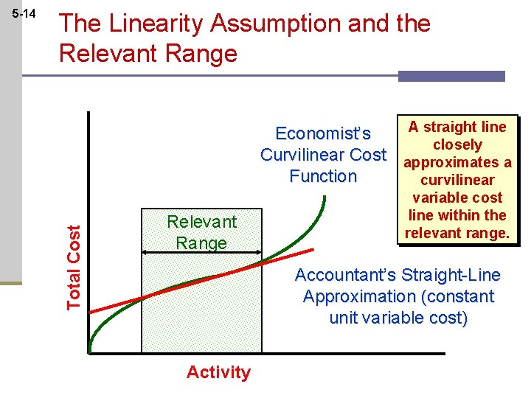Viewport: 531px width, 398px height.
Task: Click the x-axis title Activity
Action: pos(218,372)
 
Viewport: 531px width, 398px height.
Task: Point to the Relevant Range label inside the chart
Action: pos(201,232)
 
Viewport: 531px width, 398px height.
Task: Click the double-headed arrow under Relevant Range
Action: pos(201,252)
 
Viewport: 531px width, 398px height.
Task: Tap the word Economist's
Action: pos(323,133)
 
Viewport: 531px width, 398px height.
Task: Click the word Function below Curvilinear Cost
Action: pos(323,176)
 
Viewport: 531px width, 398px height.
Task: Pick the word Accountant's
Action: pos(345,276)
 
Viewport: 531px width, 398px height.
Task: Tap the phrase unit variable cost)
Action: pos(398,318)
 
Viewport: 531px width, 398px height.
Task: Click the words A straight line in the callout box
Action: pos(457,127)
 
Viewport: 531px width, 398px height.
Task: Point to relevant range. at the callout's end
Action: pos(457,233)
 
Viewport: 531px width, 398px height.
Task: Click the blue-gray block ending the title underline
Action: pos(451,76)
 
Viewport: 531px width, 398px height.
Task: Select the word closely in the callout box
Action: pos(457,144)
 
